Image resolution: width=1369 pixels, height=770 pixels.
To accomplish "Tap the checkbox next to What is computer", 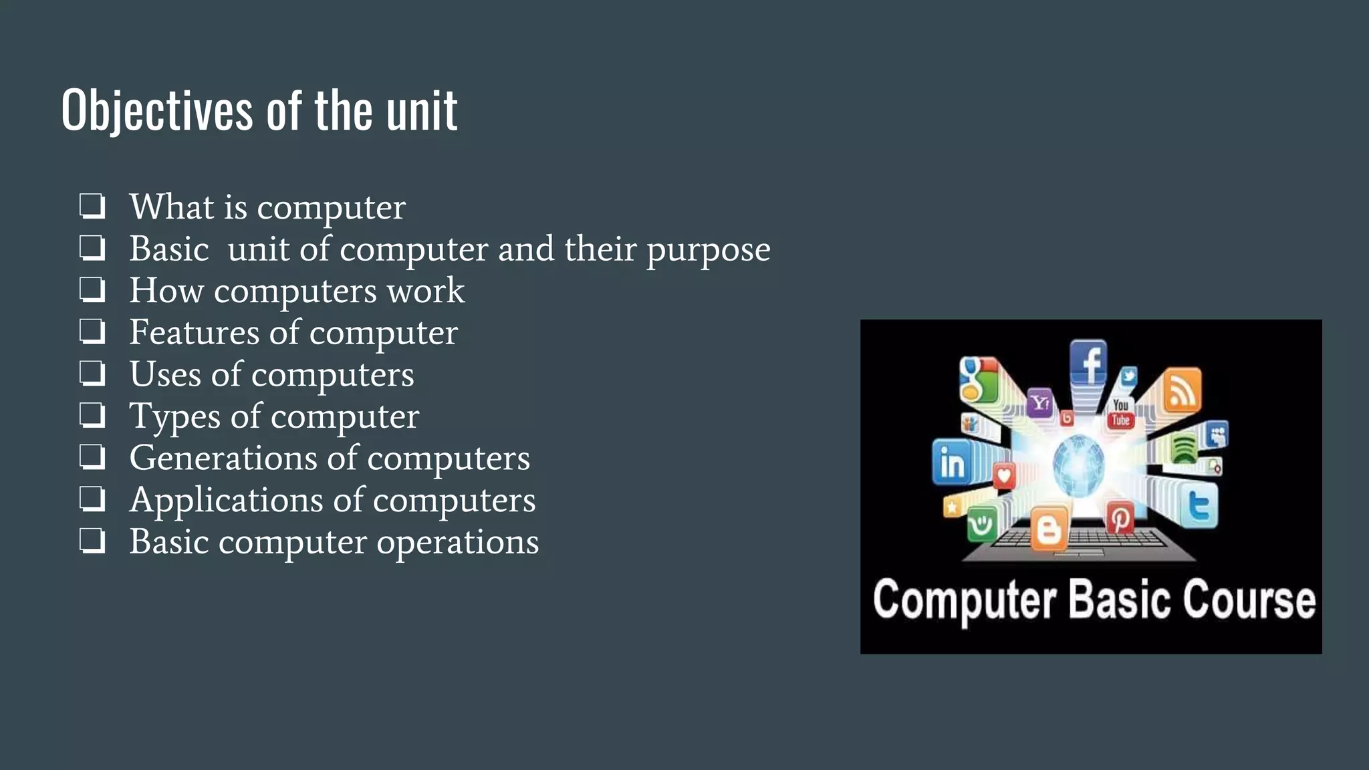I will pyautogui.click(x=92, y=207).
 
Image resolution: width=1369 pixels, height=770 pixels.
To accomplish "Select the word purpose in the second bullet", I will pyautogui.click(x=708, y=249).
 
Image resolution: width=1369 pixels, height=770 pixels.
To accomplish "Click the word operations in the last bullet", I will pyautogui.click(x=457, y=542).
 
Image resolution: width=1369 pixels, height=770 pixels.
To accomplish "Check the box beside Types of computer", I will pyautogui.click(x=92, y=416).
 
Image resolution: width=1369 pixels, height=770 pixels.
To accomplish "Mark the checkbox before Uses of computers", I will pyautogui.click(x=92, y=374).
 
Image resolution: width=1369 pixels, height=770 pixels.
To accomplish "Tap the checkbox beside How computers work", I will pyautogui.click(x=92, y=290).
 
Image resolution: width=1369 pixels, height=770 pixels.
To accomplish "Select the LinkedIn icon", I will pyautogui.click(x=952, y=463).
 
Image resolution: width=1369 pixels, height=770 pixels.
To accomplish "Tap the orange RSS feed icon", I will pyautogui.click(x=1182, y=390).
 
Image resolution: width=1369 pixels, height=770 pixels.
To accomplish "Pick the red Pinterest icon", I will pyautogui.click(x=1120, y=518).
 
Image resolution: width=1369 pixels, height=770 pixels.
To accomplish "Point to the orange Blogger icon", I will pyautogui.click(x=1048, y=529).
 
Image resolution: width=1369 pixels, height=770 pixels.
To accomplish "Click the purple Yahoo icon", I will pyautogui.click(x=1039, y=402).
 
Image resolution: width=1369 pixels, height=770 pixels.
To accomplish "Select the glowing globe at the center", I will pyautogui.click(x=1078, y=465).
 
